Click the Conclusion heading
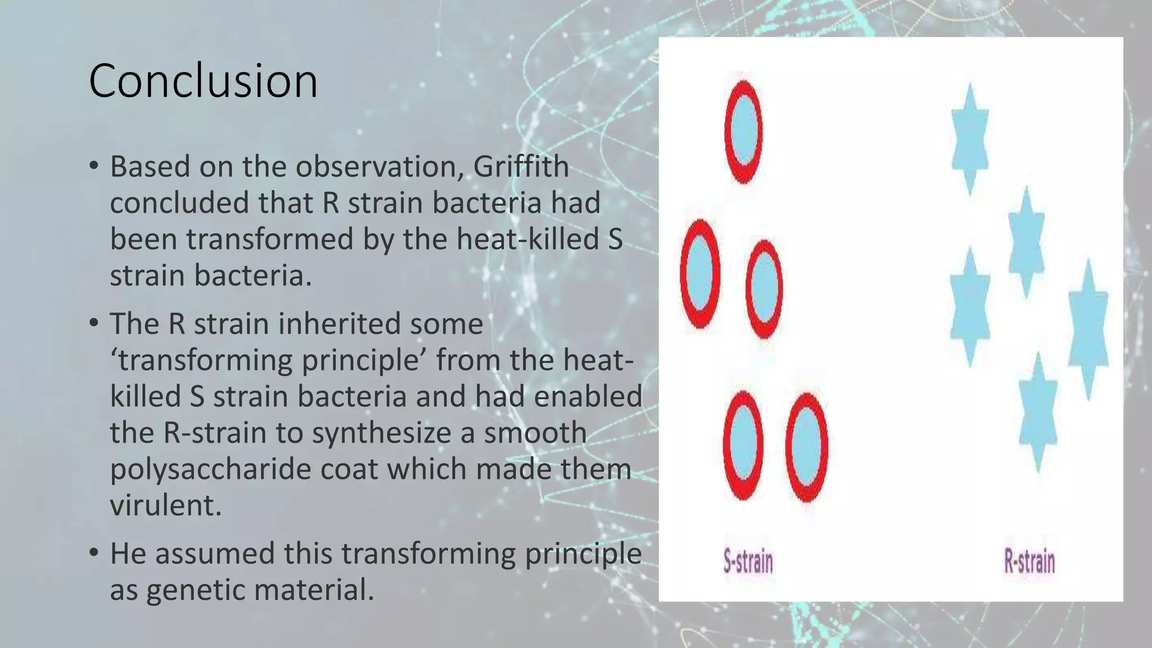tap(203, 81)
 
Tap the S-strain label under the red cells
tap(748, 562)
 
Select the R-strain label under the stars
tap(1029, 562)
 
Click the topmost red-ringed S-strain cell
tap(743, 132)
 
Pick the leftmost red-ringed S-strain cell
tap(700, 273)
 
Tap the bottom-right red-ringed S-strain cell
tap(807, 447)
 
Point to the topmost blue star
tap(970, 138)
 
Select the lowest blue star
tap(1038, 412)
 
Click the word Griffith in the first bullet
tap(521, 166)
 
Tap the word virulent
tap(165, 505)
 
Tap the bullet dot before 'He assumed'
tap(94, 553)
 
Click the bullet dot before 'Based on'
tap(94, 166)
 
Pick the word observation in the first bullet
tap(380, 166)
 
